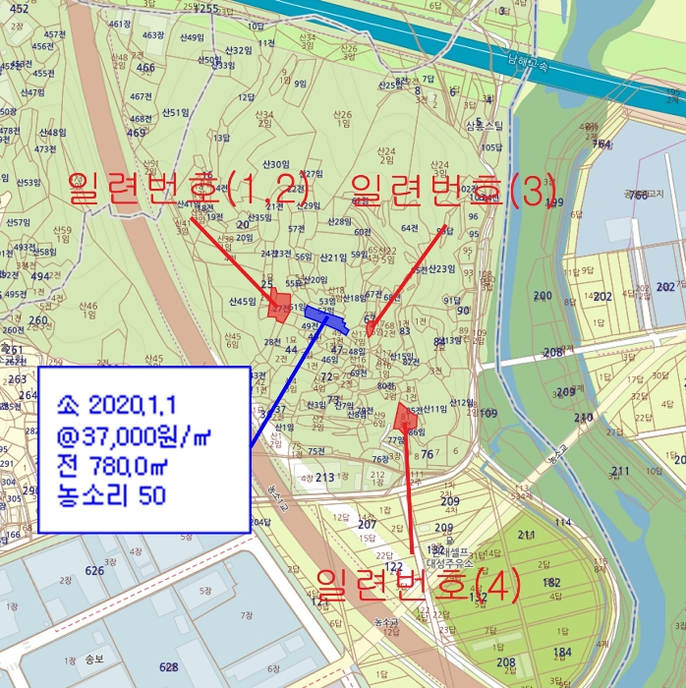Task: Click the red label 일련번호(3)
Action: [453, 188]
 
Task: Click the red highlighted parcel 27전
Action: [280, 308]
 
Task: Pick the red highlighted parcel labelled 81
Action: [404, 418]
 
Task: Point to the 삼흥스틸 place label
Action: [485, 126]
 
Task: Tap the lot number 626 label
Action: [94, 570]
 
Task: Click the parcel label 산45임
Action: [241, 301]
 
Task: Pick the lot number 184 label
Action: [562, 652]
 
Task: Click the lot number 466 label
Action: [145, 68]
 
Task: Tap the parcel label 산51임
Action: [180, 112]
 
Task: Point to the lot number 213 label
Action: [325, 477]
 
